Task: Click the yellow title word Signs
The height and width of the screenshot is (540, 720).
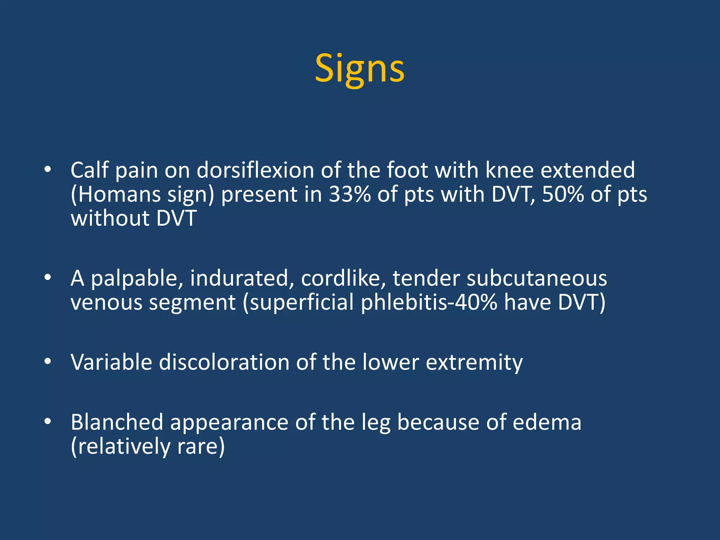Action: pos(359,69)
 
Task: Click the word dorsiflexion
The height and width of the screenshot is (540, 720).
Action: pos(255,171)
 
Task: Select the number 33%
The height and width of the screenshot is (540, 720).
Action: pos(349,194)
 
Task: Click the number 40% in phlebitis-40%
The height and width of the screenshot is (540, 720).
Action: pos(476,303)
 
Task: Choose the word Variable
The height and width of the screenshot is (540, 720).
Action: pos(111,362)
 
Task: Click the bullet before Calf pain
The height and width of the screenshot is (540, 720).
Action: pos(48,170)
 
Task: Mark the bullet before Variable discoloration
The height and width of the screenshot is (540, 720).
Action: pos(48,362)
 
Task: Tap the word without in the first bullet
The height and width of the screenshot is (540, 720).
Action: pos(110,218)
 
